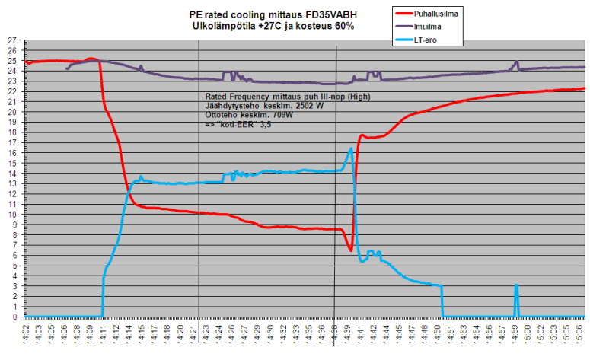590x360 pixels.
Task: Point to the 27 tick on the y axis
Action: point(11,40)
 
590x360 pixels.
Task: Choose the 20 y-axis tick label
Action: point(11,112)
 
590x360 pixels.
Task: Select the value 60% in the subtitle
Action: point(343,26)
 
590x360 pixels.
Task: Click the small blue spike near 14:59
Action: point(516,286)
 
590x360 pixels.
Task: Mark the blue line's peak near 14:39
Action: point(351,148)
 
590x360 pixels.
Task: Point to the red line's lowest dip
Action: point(350,250)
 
